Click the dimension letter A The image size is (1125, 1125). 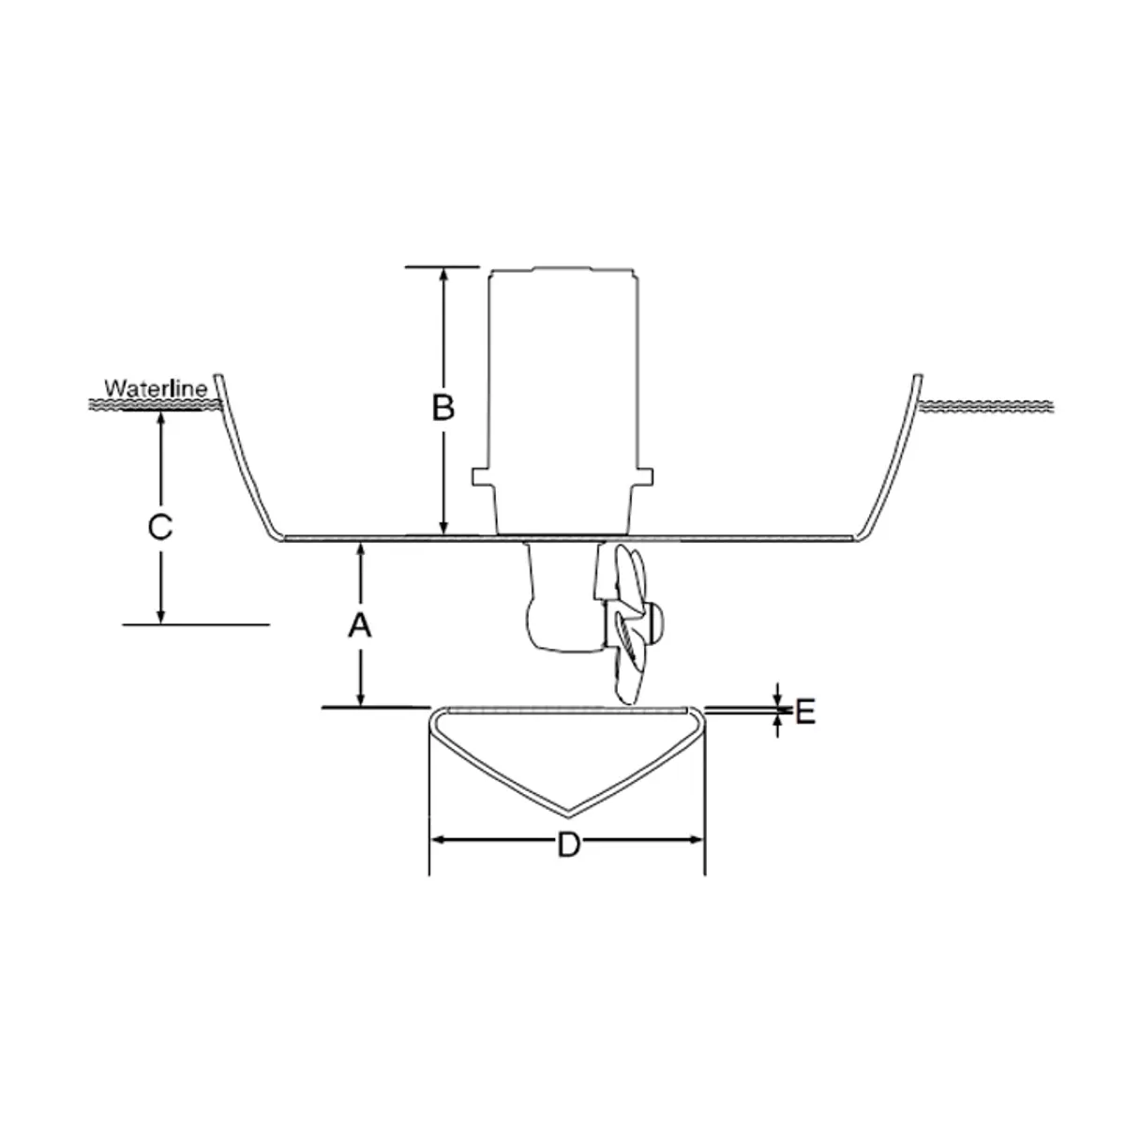[360, 625]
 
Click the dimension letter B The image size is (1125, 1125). [442, 408]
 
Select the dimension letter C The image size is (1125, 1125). [160, 527]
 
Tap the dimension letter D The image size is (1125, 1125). [567, 845]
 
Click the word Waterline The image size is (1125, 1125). [156, 386]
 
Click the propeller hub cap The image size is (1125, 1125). [656, 621]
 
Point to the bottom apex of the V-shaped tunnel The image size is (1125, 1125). [567, 808]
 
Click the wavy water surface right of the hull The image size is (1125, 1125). [989, 405]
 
